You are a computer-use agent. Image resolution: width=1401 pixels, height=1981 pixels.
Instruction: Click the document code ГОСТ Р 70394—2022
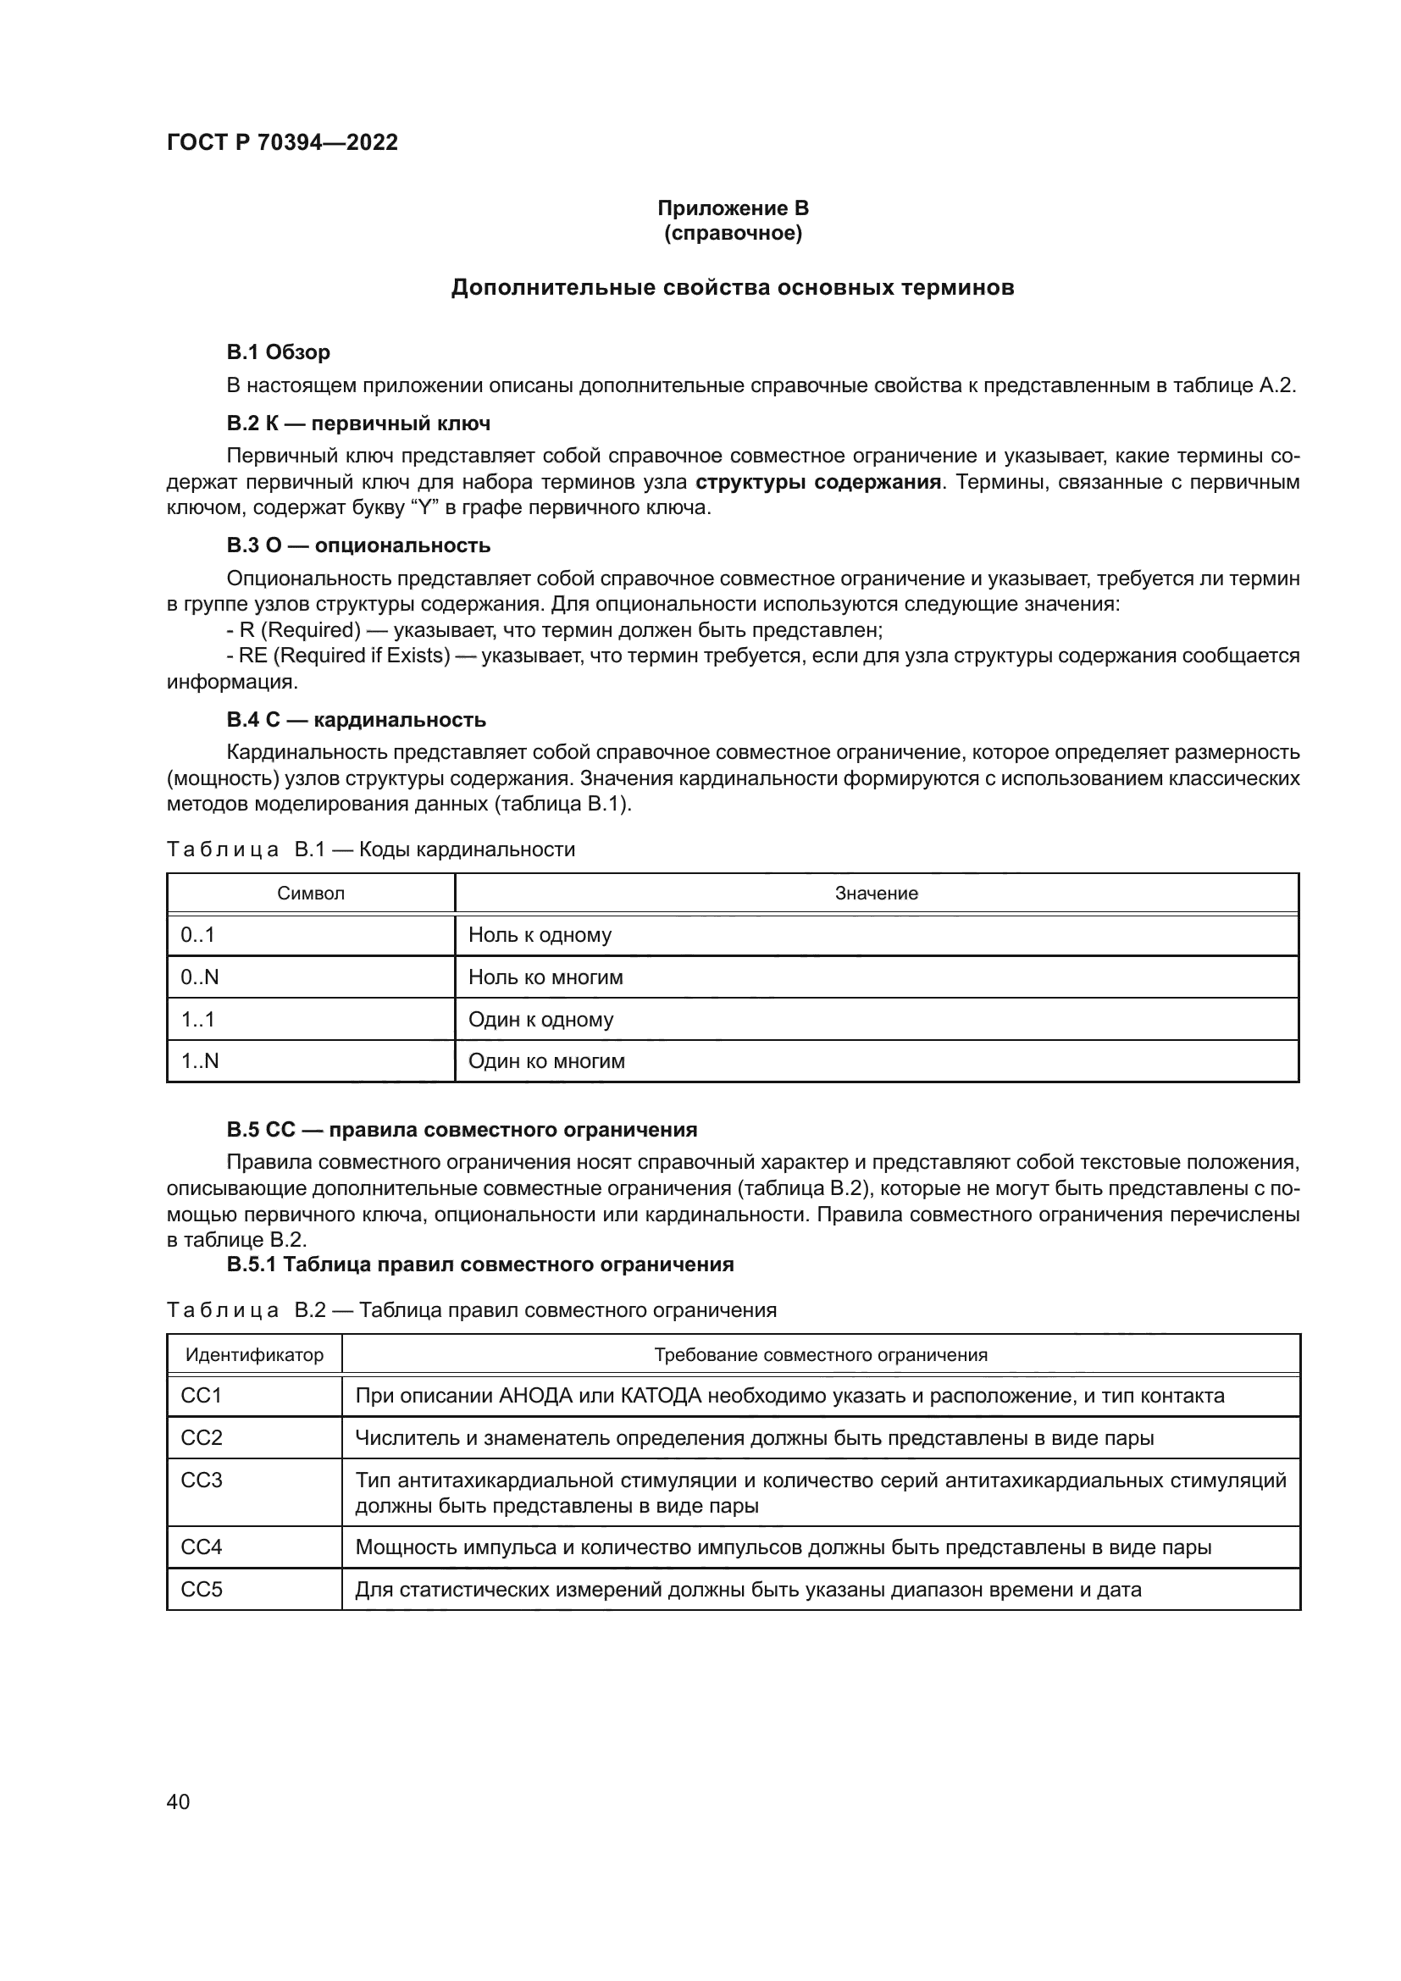282,142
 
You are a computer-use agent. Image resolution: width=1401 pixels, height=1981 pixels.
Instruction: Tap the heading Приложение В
733,208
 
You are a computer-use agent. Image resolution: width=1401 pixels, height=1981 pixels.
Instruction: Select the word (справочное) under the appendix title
733,234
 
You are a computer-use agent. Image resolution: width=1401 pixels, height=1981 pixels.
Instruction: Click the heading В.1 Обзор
278,352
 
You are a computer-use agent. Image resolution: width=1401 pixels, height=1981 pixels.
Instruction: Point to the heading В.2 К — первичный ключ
358,423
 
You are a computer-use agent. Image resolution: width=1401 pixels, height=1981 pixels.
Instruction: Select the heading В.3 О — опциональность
358,545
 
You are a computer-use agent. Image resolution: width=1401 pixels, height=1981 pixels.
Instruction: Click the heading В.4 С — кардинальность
356,720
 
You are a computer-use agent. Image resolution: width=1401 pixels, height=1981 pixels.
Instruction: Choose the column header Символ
311,893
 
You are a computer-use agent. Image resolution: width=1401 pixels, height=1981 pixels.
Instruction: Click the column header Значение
876,893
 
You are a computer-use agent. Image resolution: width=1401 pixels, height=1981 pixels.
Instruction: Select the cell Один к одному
540,1019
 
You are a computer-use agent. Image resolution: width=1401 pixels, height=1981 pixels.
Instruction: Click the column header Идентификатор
254,1354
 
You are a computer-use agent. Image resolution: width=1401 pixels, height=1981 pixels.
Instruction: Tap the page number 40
178,1801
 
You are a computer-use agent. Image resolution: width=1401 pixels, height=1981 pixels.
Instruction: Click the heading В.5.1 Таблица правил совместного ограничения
479,1264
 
